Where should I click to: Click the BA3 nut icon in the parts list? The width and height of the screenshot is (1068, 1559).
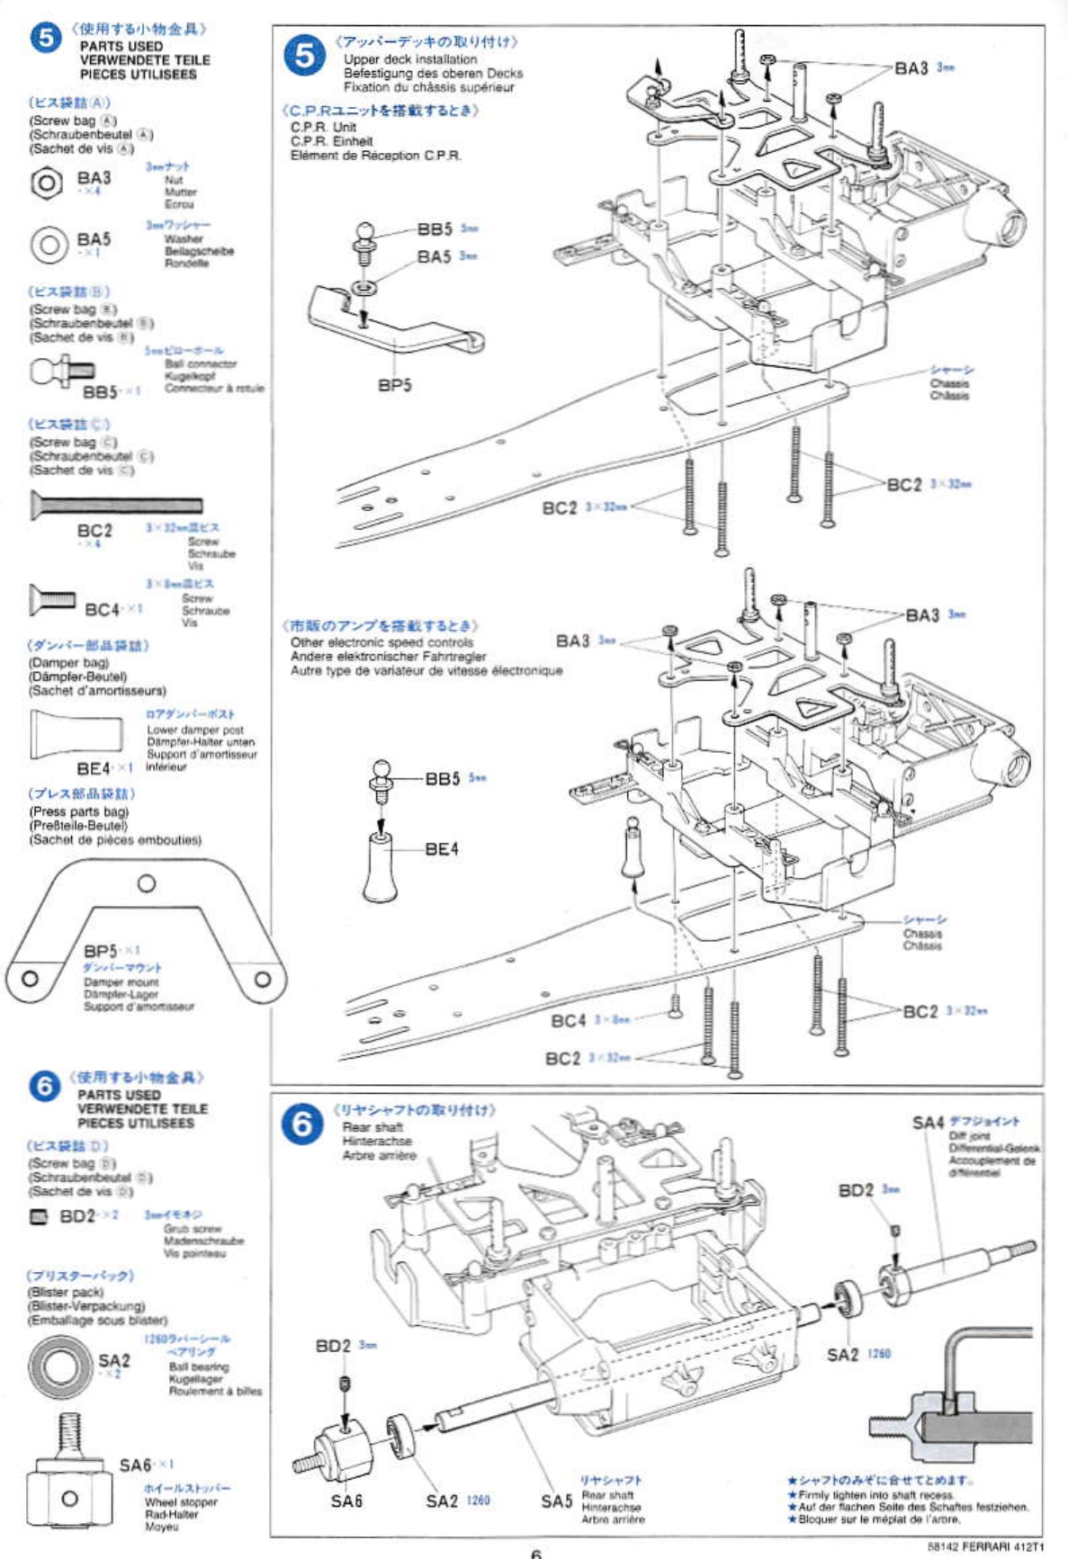pyautogui.click(x=46, y=184)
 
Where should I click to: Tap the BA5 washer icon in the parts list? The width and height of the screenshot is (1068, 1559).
pyautogui.click(x=49, y=245)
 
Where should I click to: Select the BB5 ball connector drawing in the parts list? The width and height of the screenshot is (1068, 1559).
pyautogui.click(x=62, y=370)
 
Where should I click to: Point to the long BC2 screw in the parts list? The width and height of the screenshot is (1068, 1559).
pyautogui.click(x=116, y=504)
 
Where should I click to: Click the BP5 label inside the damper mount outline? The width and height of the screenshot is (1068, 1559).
pyautogui.click(x=101, y=951)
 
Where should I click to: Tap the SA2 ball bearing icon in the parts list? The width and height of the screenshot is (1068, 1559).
pyautogui.click(x=60, y=1366)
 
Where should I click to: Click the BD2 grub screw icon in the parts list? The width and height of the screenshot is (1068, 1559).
pyautogui.click(x=39, y=1216)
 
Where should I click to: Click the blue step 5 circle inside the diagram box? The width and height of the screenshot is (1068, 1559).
pyautogui.click(x=305, y=56)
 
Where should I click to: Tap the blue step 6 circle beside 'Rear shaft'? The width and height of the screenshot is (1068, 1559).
pyautogui.click(x=302, y=1124)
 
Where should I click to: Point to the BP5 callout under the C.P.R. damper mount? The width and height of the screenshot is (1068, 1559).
pyautogui.click(x=394, y=386)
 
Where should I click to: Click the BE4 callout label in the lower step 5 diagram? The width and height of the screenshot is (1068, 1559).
pyautogui.click(x=441, y=848)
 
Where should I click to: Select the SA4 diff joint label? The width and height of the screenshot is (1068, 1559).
pyautogui.click(x=928, y=1123)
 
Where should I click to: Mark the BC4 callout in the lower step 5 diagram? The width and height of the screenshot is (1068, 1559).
pyautogui.click(x=568, y=1020)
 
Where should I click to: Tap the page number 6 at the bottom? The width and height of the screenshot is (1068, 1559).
pyautogui.click(x=536, y=1552)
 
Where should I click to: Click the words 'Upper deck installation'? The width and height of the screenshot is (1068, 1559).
pyautogui.click(x=410, y=59)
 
